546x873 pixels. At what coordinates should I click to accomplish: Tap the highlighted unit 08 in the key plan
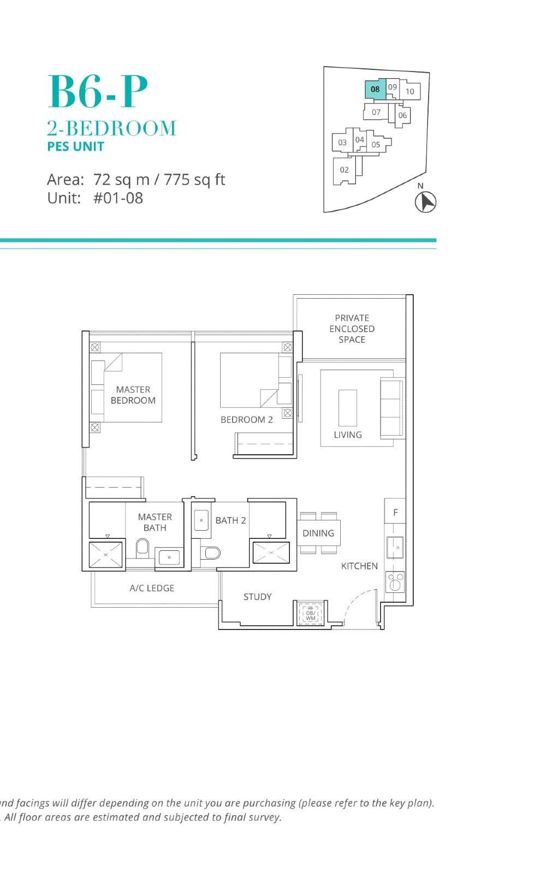click(375, 89)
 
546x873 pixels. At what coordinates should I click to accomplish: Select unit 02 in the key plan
click(344, 170)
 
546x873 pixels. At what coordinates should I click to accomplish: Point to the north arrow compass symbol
click(425, 202)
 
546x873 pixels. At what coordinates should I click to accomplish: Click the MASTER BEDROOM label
click(133, 395)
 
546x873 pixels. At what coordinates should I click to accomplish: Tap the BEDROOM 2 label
click(246, 419)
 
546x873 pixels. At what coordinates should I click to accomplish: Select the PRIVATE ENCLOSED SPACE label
click(352, 329)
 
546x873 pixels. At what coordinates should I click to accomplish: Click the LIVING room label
click(348, 435)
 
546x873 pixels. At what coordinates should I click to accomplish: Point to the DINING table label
click(318, 533)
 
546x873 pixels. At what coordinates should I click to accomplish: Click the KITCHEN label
click(359, 566)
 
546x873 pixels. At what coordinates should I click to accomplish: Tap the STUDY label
click(257, 597)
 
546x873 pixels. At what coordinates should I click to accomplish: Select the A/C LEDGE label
click(152, 588)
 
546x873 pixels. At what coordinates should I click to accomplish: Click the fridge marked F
click(395, 512)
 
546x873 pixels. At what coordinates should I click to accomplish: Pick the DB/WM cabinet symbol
click(311, 614)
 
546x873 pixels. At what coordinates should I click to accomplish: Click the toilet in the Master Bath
click(143, 547)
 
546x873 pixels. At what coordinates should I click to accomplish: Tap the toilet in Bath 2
click(212, 553)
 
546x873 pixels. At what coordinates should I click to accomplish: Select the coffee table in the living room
click(348, 407)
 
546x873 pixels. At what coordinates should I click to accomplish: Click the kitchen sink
click(395, 547)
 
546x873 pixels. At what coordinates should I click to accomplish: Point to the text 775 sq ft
click(194, 180)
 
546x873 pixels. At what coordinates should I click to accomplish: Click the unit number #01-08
click(118, 198)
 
